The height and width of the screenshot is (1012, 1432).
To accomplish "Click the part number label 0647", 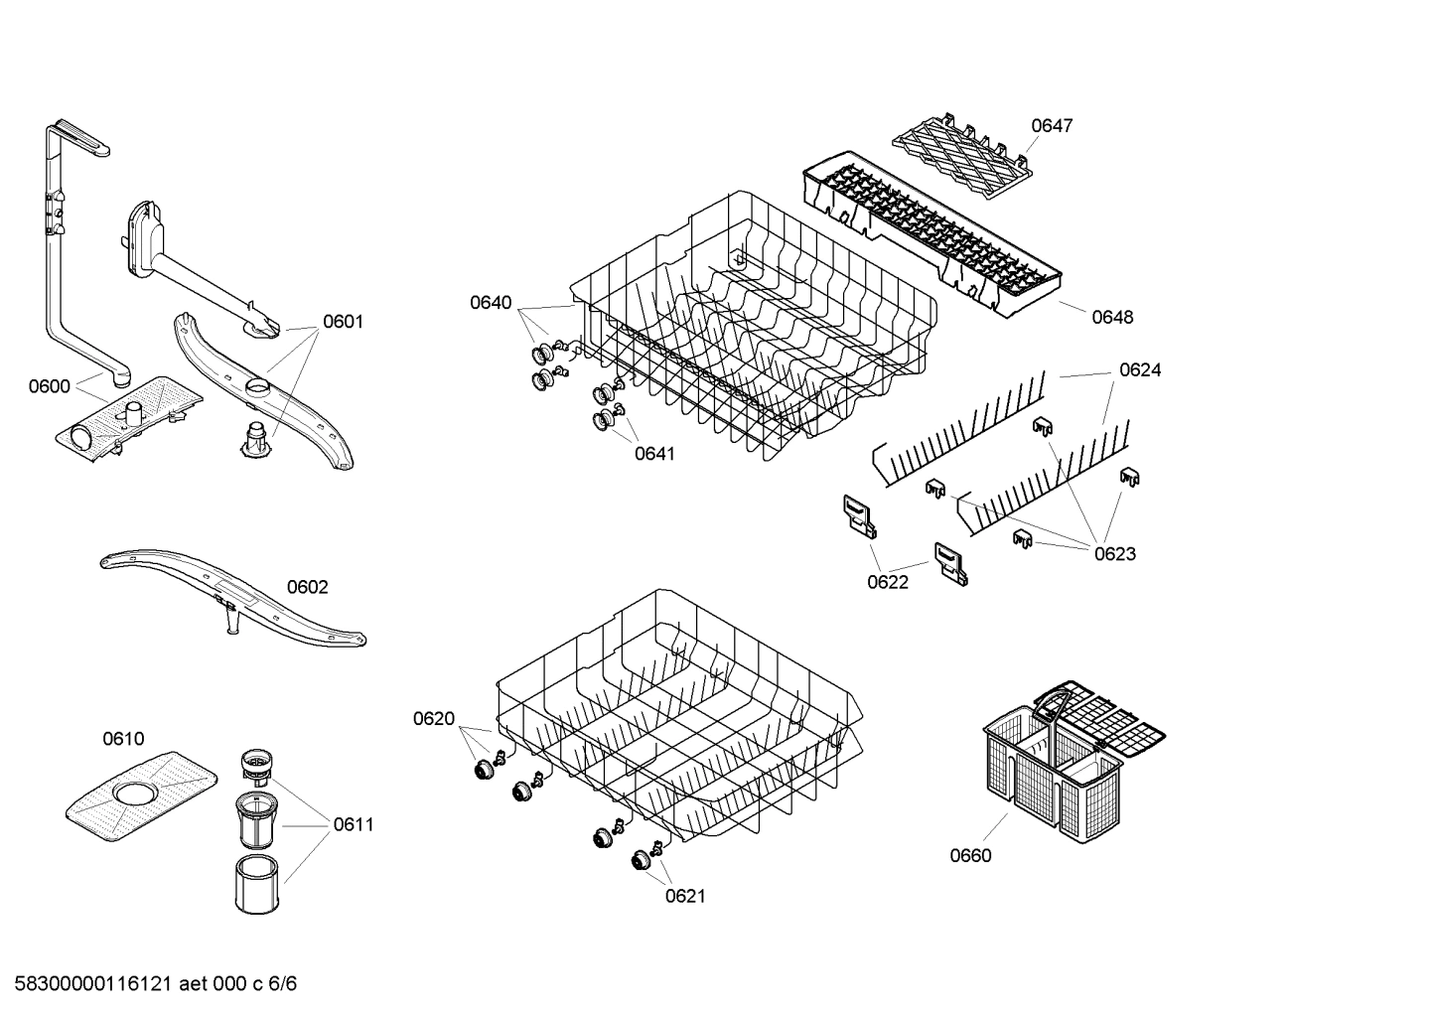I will coord(1051,126).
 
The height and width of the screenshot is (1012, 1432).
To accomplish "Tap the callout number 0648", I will coord(1112,317).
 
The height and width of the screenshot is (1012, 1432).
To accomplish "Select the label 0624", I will coord(1140,370).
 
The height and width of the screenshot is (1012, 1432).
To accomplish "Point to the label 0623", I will coord(1114,554).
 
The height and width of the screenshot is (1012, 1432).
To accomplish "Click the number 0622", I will coord(887,582).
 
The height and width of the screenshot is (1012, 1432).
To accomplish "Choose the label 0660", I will coord(970,855).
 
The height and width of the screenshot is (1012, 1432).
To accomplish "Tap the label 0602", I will coord(307,587).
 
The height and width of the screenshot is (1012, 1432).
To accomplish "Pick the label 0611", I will coord(354,824).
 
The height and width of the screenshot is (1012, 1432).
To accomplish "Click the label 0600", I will coord(49,386).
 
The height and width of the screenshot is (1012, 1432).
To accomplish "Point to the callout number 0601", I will coord(343,322).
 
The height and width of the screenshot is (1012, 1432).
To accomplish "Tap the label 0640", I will coord(491,303).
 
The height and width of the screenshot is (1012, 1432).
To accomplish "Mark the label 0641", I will coord(654,454).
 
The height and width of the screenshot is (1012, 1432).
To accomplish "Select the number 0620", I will coord(434,719).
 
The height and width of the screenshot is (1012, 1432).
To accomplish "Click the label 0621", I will coord(684,896).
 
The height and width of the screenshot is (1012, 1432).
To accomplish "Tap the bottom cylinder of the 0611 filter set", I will coord(258,884).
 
